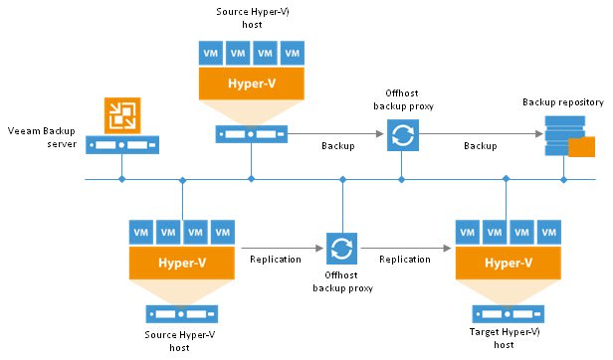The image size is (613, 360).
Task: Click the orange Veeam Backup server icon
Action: tap(120, 115)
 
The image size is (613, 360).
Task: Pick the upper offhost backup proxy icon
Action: tap(401, 134)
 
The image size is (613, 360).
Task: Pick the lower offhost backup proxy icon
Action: tap(341, 246)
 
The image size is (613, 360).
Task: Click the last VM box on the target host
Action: tap(547, 234)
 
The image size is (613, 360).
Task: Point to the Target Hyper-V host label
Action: tap(507, 337)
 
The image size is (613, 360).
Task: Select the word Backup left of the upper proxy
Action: tap(338, 146)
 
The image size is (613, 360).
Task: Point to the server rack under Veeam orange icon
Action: tap(120, 145)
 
